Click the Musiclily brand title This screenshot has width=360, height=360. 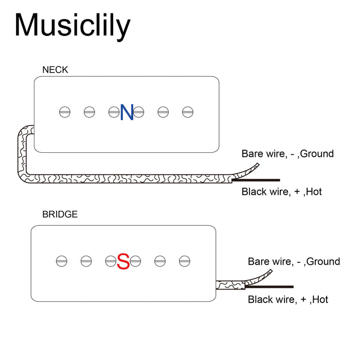tap(72, 26)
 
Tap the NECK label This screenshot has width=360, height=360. tap(55, 69)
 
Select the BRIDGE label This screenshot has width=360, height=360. tap(60, 214)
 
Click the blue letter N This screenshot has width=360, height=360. tap(127, 112)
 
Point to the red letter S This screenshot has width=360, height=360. tap(123, 261)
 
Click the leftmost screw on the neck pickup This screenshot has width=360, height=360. tap(64, 111)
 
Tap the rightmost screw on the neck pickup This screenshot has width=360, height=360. tap(188, 111)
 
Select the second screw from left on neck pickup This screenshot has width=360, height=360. tap(89, 111)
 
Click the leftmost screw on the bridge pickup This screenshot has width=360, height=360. tap(61, 261)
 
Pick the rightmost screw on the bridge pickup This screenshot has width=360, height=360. tap(185, 261)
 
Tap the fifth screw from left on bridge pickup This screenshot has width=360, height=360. tap(160, 261)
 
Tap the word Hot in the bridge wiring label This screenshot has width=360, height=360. tap(320, 299)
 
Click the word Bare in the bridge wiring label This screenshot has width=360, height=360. tap(259, 261)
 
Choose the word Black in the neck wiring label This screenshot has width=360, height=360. tap(254, 192)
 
